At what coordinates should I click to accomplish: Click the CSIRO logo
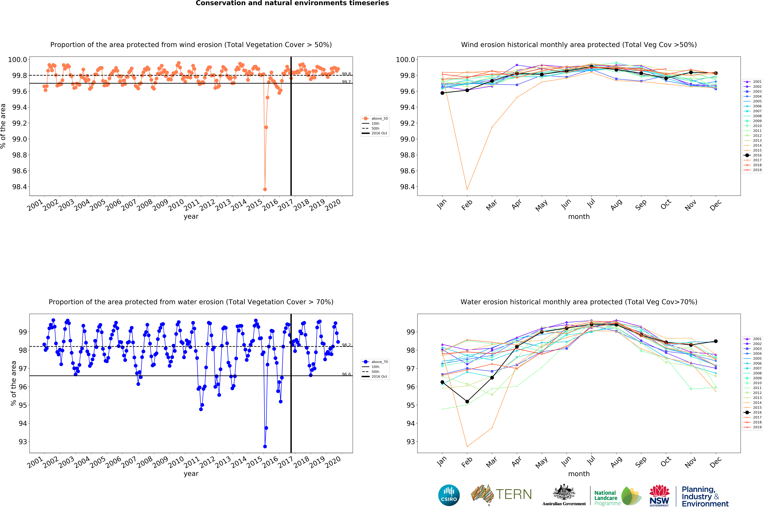(x=449, y=495)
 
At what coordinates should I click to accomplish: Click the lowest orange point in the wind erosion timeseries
(x=265, y=189)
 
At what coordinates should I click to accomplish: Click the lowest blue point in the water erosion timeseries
(x=265, y=446)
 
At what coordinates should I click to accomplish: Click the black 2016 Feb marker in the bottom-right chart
(x=467, y=401)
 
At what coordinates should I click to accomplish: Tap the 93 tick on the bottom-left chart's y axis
(x=23, y=442)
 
